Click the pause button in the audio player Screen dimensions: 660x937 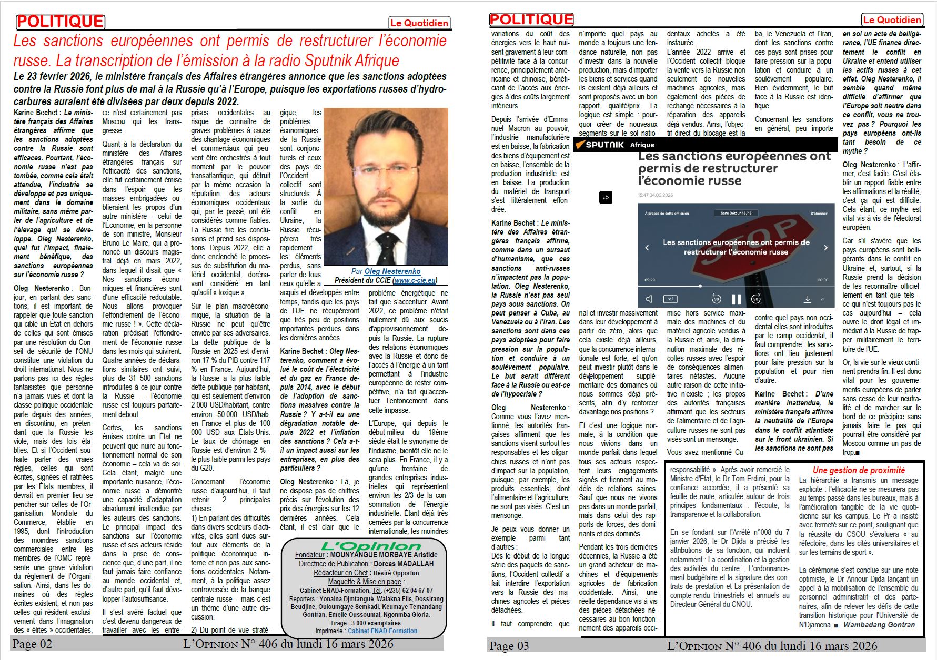[736, 299]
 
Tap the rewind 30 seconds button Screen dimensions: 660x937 [716, 299]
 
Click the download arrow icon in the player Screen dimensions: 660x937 [807, 299]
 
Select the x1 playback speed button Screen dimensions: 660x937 [670, 299]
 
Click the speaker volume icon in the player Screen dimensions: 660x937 [649, 299]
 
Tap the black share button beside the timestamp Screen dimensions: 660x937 [606, 198]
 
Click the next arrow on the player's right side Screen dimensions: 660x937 [825, 247]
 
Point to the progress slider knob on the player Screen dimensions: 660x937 [700, 286]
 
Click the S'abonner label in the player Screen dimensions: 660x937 [819, 214]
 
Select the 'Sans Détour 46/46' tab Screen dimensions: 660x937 [736, 214]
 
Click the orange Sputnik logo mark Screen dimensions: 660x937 [580, 145]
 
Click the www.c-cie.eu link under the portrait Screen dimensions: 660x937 [415, 280]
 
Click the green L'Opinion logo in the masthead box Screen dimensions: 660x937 [363, 546]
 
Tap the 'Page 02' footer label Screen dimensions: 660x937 [32, 644]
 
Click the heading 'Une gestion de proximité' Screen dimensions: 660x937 [859, 470]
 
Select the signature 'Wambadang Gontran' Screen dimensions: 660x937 [879, 625]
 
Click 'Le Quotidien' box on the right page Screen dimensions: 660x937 [892, 20]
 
